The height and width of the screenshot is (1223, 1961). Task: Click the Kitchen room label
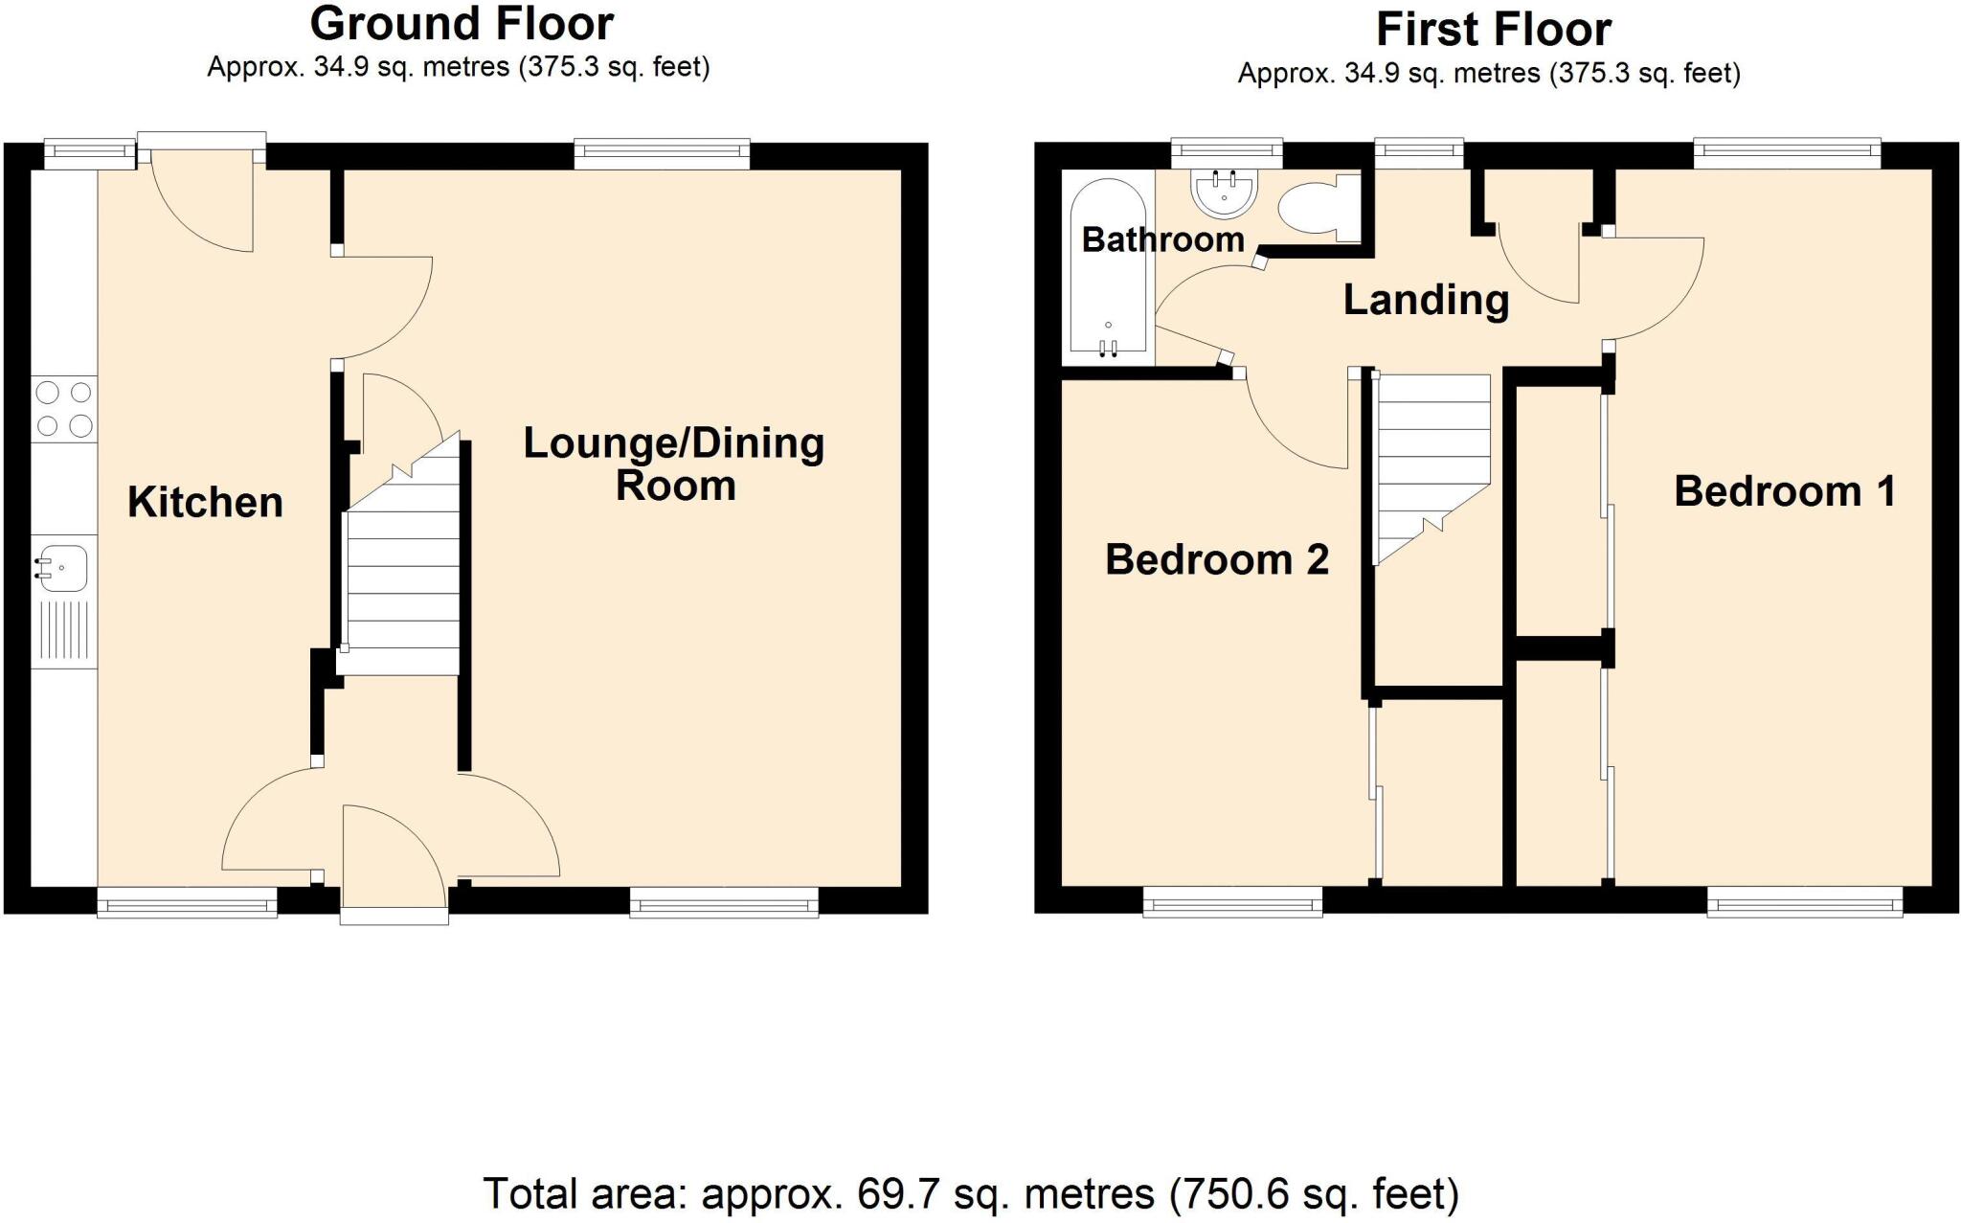[205, 502]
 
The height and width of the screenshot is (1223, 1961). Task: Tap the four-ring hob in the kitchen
[63, 409]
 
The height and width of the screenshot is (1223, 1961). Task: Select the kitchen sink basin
[63, 567]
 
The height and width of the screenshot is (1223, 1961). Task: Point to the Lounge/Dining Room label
[674, 464]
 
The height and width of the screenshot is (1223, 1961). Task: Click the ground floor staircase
[402, 575]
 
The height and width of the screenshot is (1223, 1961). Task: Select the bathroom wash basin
[1225, 193]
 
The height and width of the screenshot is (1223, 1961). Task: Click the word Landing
[1426, 300]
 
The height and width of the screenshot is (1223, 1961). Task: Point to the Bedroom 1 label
[1785, 491]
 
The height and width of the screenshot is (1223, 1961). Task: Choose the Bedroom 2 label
[1217, 559]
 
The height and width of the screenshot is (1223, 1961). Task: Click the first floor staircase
[1431, 460]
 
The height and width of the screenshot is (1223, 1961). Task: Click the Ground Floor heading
[462, 24]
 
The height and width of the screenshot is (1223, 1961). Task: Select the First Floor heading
[1493, 30]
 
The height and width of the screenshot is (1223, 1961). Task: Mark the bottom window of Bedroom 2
[1232, 901]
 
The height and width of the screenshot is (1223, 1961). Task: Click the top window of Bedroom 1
[1787, 152]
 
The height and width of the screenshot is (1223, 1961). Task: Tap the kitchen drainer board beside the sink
[63, 629]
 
